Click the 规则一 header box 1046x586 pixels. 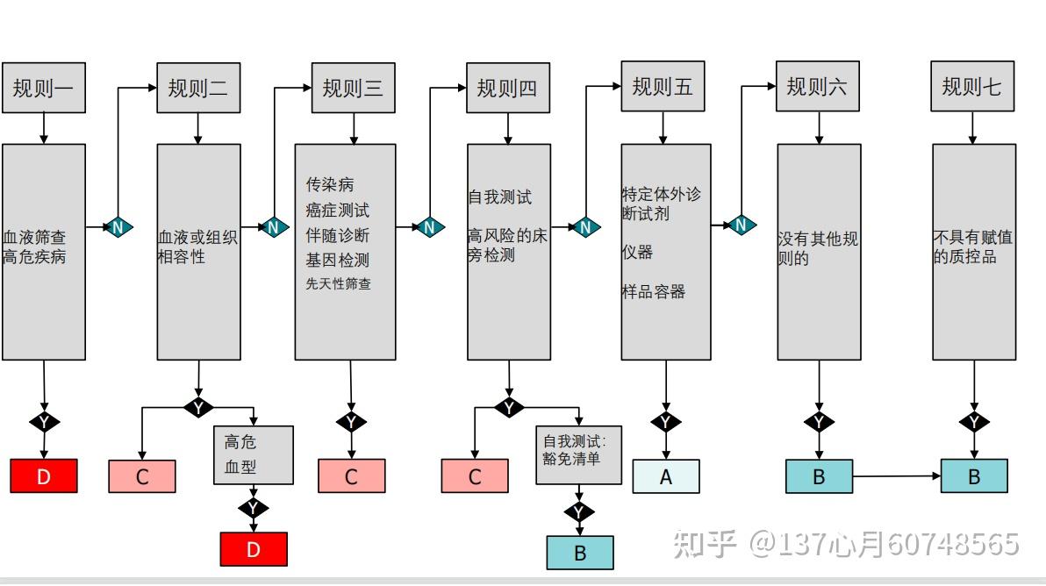click(44, 88)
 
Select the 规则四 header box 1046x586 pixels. click(508, 88)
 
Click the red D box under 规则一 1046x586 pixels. click(44, 476)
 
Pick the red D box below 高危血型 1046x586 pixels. click(254, 549)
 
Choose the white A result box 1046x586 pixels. click(666, 476)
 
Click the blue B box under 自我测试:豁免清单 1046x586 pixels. click(580, 553)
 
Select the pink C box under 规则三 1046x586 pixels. click(351, 476)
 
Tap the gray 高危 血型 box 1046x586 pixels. click(254, 454)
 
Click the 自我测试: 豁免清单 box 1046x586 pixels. click(580, 454)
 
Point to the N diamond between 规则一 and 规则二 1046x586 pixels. click(118, 227)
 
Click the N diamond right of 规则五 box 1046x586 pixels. click(741, 225)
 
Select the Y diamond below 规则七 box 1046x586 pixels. click(974, 423)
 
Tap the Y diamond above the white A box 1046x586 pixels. click(665, 423)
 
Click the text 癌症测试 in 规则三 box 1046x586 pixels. click(338, 211)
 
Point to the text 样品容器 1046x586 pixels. click(654, 292)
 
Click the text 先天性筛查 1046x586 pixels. click(338, 284)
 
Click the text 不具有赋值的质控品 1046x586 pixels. click(972, 247)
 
